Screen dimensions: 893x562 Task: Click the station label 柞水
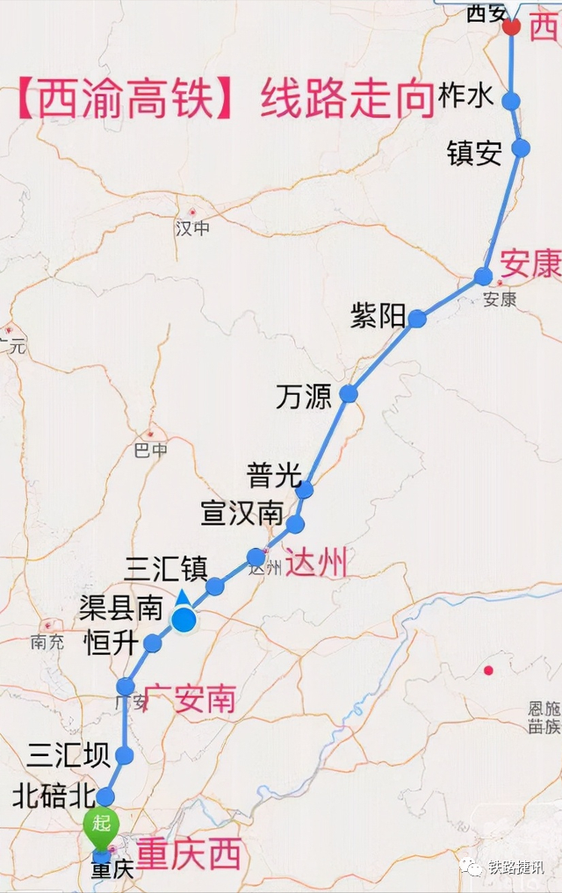466,96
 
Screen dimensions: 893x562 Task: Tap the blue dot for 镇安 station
521,148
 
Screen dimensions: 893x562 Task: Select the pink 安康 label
530,263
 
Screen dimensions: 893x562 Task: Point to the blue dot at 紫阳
417,319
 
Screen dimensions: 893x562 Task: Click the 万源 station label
304,396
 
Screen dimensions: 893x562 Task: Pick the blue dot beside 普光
304,490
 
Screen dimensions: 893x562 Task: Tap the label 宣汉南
241,513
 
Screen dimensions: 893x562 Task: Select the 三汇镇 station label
166,569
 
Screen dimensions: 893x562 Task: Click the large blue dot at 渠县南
184,620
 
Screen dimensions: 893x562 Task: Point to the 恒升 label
110,644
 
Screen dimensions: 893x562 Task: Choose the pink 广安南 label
189,699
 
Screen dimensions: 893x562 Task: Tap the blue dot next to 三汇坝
124,755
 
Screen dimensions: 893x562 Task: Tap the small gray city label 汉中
193,228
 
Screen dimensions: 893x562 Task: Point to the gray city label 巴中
149,450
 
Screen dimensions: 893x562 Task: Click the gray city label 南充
47,642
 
